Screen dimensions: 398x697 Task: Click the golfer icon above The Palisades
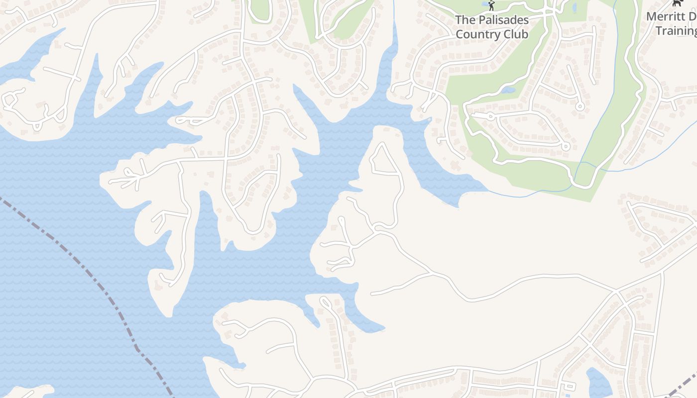[x=491, y=5]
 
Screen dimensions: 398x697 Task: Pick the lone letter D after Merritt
[x=693, y=16]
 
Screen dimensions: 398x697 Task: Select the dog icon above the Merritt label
[x=677, y=3]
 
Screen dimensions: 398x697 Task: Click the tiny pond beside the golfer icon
[x=484, y=3]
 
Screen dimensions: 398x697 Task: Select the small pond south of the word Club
[x=507, y=91]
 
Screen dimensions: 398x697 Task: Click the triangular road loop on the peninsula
[x=384, y=160]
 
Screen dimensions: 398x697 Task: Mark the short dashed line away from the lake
[x=683, y=386]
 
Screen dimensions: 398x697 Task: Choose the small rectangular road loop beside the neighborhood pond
[x=568, y=386]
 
